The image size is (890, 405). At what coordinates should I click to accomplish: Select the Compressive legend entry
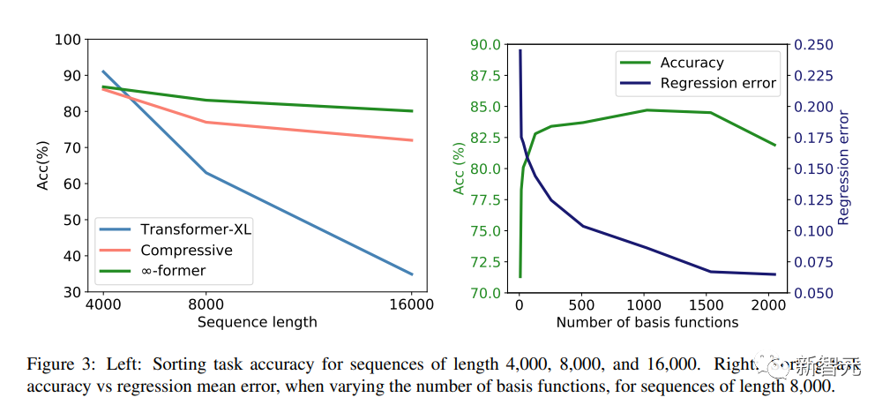point(186,250)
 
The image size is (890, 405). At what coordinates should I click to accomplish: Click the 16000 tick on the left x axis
point(412,305)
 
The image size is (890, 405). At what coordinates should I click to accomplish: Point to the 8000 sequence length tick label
point(206,305)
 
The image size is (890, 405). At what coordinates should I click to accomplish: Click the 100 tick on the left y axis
point(68,39)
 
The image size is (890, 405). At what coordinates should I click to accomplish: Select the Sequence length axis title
point(257,322)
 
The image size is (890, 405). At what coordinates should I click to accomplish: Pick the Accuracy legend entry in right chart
point(692,63)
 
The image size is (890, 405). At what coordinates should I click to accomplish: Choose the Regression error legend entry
point(718,83)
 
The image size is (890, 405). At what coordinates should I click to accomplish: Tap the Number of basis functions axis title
point(647,322)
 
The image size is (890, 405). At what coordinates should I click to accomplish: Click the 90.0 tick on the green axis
point(484,44)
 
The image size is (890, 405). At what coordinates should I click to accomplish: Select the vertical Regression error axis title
point(844,168)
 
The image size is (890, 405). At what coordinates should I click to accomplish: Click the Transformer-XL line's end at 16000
point(412,274)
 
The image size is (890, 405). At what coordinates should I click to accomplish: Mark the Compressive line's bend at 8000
point(206,122)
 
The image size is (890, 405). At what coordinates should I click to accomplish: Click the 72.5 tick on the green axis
point(484,262)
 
